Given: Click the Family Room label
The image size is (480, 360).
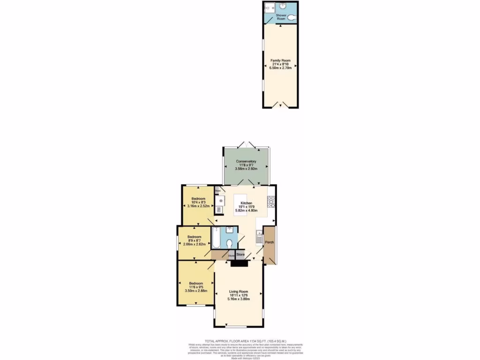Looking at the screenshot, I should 281,60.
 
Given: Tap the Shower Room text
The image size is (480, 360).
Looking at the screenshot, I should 281,17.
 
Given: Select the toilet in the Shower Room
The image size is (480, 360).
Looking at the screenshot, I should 292,17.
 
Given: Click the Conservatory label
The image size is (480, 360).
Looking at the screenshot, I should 246,161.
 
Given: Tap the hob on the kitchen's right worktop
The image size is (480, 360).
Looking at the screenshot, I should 270,202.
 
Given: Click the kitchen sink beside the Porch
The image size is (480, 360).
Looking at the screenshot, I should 259,236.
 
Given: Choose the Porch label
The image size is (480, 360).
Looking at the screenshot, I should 270,242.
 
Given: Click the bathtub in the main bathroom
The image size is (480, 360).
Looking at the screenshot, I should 216,238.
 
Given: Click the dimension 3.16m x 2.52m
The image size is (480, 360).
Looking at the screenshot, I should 198,206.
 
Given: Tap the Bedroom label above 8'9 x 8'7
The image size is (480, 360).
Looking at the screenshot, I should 194,237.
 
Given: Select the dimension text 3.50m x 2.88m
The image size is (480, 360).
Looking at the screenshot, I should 196,291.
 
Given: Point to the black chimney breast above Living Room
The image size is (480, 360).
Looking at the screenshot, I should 240,264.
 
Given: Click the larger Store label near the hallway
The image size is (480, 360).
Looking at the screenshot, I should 240,255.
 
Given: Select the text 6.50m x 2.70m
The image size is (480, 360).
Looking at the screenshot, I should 281,68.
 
